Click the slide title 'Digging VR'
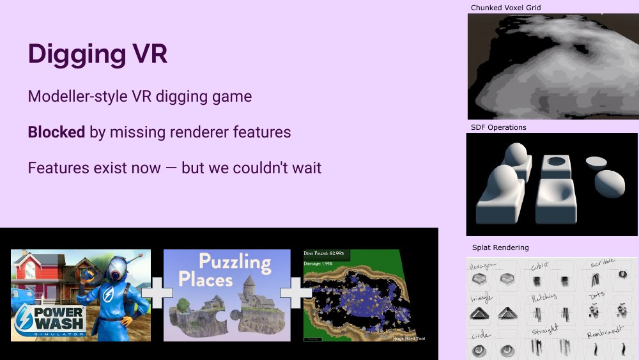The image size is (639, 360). click(x=98, y=54)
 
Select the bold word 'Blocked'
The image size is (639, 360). click(x=56, y=132)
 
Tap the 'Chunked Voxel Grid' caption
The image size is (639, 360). click(x=505, y=8)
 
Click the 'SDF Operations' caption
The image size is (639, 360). click(x=498, y=127)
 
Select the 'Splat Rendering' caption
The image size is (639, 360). click(x=500, y=247)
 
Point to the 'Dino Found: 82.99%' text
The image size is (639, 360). click(x=324, y=254)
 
